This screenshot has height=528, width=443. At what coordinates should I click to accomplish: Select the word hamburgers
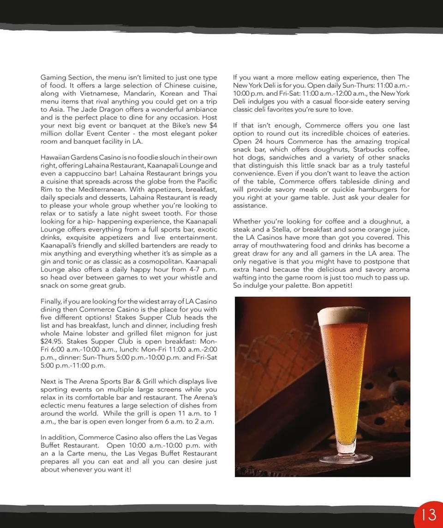[x=372, y=189]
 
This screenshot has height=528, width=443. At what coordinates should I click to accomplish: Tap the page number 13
[x=429, y=514]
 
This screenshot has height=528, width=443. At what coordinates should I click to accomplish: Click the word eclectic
[x=53, y=406]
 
